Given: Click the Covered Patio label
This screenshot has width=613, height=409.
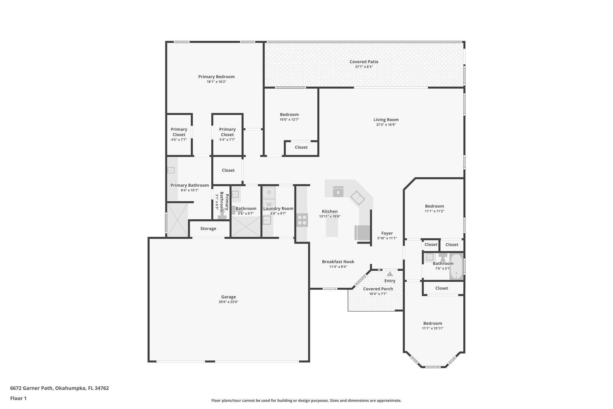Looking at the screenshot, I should click(x=364, y=62).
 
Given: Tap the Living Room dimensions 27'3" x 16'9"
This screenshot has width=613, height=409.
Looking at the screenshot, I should click(x=386, y=125).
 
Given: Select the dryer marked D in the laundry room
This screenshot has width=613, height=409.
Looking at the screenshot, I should click(x=269, y=192).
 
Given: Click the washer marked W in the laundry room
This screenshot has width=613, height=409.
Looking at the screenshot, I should click(x=269, y=204).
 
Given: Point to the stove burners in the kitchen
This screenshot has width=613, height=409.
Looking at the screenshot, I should click(x=302, y=220).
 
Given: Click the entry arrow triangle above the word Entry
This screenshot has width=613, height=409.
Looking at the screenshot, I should click(x=390, y=274).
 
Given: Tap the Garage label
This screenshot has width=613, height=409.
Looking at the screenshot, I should click(x=228, y=297).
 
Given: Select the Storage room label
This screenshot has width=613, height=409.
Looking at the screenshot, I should click(x=208, y=229).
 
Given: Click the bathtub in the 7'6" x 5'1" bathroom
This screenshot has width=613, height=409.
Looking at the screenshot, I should click(x=456, y=267).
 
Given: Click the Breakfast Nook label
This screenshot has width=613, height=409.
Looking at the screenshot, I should click(x=338, y=262).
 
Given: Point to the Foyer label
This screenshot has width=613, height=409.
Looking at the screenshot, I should click(x=387, y=233).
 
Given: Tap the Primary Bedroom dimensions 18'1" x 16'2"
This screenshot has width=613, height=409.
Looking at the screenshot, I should click(x=216, y=82).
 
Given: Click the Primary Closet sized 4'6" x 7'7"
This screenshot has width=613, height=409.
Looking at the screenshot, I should click(x=179, y=132).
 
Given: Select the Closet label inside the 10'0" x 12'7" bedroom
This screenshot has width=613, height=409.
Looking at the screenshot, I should click(x=301, y=147).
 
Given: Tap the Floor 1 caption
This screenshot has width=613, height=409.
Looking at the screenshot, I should click(x=18, y=399).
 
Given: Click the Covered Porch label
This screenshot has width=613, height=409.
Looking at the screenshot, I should click(x=378, y=289).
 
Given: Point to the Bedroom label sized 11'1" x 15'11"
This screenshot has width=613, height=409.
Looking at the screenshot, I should click(x=433, y=323).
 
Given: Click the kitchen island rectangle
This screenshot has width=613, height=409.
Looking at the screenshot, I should click(x=332, y=227).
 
